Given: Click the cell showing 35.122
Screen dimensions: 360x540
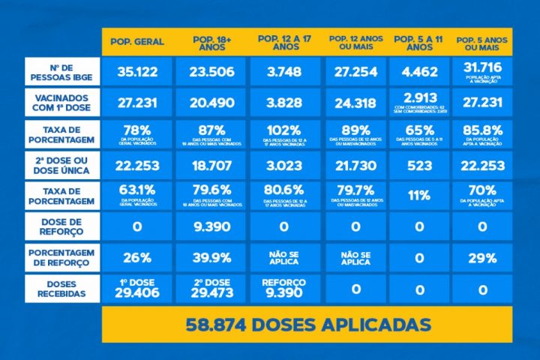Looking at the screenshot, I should click(137, 73).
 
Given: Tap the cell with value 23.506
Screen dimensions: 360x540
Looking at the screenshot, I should click(211, 73).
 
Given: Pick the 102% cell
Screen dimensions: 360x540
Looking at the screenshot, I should click(286, 134).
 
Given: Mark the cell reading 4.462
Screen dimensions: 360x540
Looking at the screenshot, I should click(419, 73).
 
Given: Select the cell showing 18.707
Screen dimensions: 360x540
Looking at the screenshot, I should click(211, 166).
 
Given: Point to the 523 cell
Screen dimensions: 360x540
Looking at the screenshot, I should click(419, 166).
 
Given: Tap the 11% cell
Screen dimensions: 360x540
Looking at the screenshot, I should click(419, 196).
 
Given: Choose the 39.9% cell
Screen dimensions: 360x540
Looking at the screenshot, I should click(211, 258).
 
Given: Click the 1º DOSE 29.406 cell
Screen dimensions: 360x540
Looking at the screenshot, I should click(137, 289).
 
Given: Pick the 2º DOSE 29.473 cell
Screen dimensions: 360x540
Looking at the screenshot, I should click(211, 289).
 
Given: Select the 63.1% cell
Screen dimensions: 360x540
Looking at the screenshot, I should click(137, 196).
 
